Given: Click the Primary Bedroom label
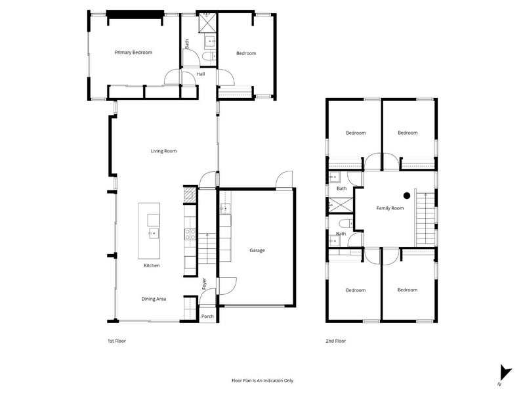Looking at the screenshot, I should click(133, 53).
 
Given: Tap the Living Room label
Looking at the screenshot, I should click(163, 151).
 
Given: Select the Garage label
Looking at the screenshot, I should click(257, 250).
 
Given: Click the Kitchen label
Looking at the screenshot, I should click(152, 265).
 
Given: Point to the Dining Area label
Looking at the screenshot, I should click(154, 299).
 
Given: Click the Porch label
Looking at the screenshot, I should click(207, 316).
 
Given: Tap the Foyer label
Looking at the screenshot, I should click(204, 284).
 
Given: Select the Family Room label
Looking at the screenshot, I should click(390, 208).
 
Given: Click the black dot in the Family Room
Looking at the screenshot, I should click(407, 195).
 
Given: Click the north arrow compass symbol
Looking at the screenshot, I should click(505, 372).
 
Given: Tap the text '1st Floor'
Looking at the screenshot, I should click(116, 341).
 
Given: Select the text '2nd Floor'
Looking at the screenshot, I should click(336, 341).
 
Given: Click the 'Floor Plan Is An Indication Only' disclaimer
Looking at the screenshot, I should click(262, 380).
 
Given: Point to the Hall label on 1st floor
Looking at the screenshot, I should click(200, 74).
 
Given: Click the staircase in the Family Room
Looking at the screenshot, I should click(425, 216).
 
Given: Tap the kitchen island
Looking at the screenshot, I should click(149, 230).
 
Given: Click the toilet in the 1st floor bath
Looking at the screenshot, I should click(207, 58).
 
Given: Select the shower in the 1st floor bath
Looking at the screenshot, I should click(207, 22).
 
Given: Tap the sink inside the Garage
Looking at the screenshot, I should click(224, 209).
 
